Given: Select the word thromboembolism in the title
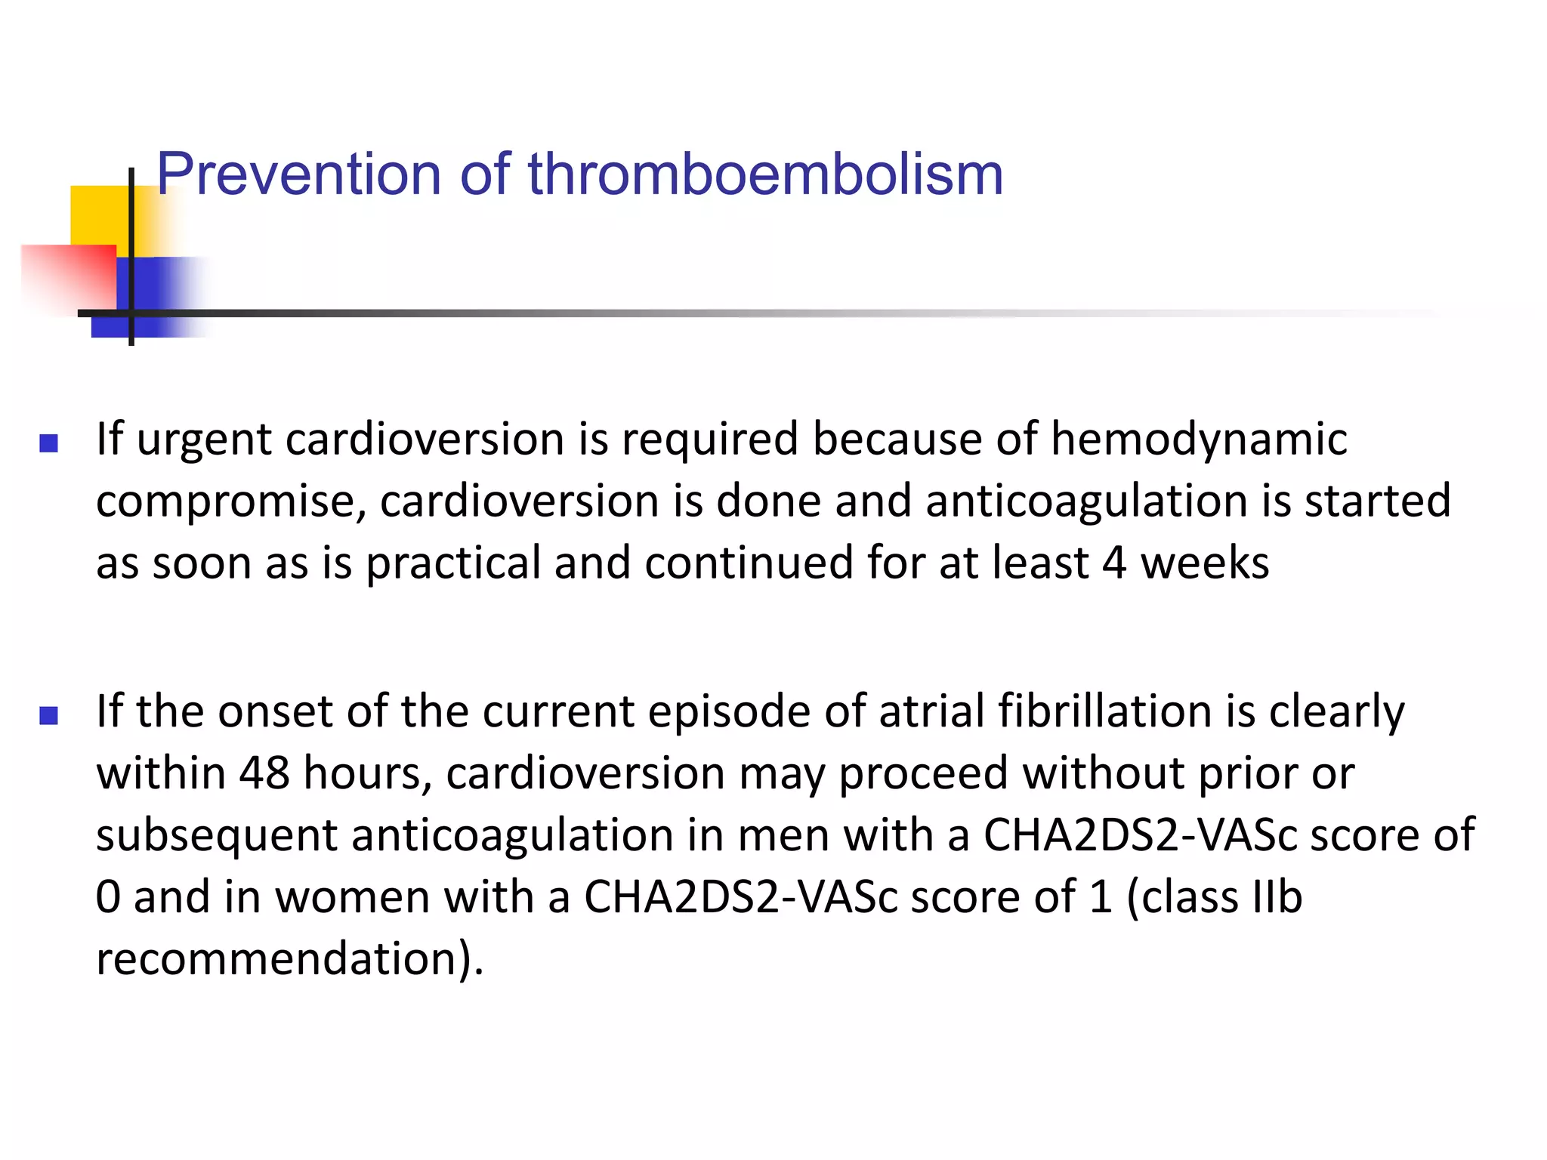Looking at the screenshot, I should pyautogui.click(x=765, y=175).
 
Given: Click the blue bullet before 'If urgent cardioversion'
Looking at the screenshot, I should pyautogui.click(x=49, y=443).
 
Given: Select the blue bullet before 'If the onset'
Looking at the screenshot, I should pyautogui.click(x=49, y=715).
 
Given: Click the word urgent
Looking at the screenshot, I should pyautogui.click(x=203, y=441).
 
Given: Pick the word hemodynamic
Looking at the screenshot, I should pyautogui.click(x=1199, y=440).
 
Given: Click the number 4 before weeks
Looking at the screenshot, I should pyautogui.click(x=1114, y=563).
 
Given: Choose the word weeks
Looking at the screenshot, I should pyautogui.click(x=1205, y=563).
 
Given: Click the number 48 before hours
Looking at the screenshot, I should pyautogui.click(x=264, y=774).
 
